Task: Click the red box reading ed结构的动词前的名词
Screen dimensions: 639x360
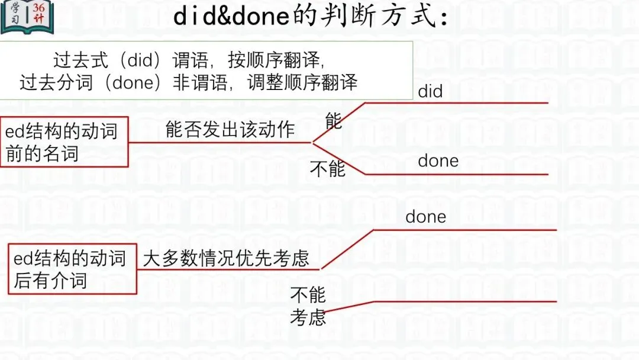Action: click(x=64, y=142)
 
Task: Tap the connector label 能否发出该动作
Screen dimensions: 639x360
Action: click(x=230, y=130)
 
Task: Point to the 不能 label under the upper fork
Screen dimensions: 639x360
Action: click(x=328, y=169)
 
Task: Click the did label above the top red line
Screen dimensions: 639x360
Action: click(x=430, y=91)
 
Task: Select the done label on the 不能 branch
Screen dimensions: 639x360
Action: click(x=438, y=161)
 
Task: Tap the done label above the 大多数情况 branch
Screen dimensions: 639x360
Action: click(x=425, y=217)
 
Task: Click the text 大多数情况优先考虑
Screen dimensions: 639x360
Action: click(x=226, y=259)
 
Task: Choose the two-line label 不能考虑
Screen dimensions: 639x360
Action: click(x=308, y=306)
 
